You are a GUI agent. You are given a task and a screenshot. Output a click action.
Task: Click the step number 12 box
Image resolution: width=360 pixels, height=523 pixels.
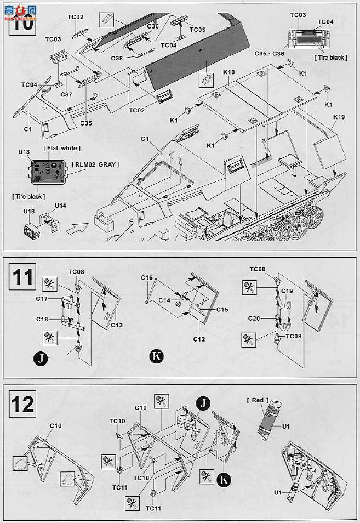[22, 404]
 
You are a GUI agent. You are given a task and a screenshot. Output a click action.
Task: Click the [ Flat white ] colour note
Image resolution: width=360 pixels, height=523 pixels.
[61, 148]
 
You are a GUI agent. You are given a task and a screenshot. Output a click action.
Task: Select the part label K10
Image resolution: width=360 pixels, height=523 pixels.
[228, 72]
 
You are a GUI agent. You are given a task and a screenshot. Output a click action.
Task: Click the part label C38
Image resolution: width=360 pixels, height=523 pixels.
[117, 58]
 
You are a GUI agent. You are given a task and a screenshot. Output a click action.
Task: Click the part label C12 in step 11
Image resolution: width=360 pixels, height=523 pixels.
[198, 339]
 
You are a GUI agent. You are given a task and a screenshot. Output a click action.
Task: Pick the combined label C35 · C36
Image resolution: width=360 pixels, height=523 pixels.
[269, 53]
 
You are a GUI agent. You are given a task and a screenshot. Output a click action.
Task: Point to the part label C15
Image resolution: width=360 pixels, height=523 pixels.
[222, 309]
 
